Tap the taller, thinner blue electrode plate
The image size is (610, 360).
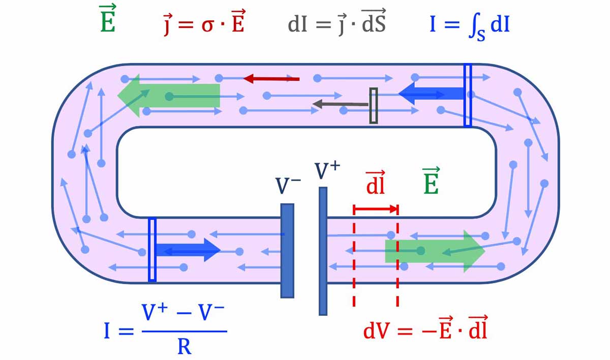click(x=323, y=251)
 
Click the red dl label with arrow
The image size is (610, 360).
click(x=375, y=183)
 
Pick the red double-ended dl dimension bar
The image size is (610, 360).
click(x=375, y=208)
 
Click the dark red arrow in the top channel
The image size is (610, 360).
click(x=271, y=79)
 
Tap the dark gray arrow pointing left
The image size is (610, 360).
click(x=341, y=104)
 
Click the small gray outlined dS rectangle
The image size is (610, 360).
click(x=374, y=105)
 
